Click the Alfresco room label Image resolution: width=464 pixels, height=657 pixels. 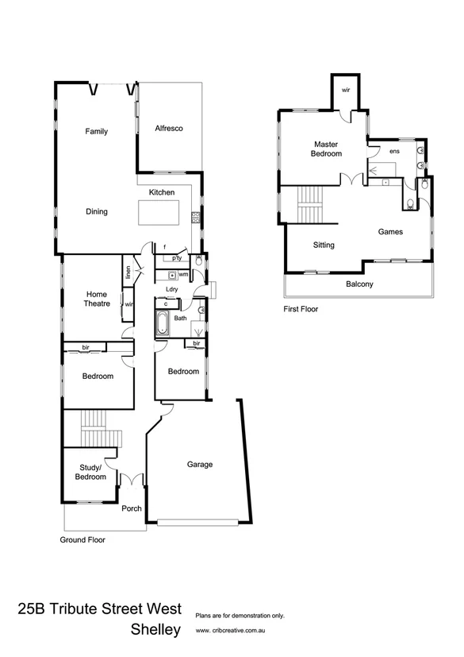pyautogui.click(x=170, y=128)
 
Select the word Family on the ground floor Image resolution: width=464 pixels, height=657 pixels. pyautogui.click(x=96, y=132)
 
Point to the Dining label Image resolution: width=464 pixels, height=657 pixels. pyautogui.click(x=96, y=212)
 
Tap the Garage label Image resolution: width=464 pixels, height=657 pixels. pyautogui.click(x=199, y=465)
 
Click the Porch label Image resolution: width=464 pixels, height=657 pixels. pyautogui.click(x=131, y=509)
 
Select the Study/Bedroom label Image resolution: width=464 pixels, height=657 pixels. pyautogui.click(x=90, y=472)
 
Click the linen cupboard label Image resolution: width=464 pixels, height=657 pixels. pyautogui.click(x=127, y=272)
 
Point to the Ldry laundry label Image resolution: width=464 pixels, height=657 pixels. pyautogui.click(x=171, y=288)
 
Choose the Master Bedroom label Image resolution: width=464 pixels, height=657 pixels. pyautogui.click(x=326, y=149)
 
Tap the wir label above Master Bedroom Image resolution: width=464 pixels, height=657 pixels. pyautogui.click(x=346, y=90)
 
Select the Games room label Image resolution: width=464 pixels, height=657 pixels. pyautogui.click(x=390, y=232)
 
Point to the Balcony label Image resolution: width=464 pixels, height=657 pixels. pyautogui.click(x=359, y=284)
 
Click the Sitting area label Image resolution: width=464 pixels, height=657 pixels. pyautogui.click(x=324, y=245)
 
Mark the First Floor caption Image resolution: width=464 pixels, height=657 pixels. pyautogui.click(x=301, y=309)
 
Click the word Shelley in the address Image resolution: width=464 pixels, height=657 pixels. pyautogui.click(x=156, y=632)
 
